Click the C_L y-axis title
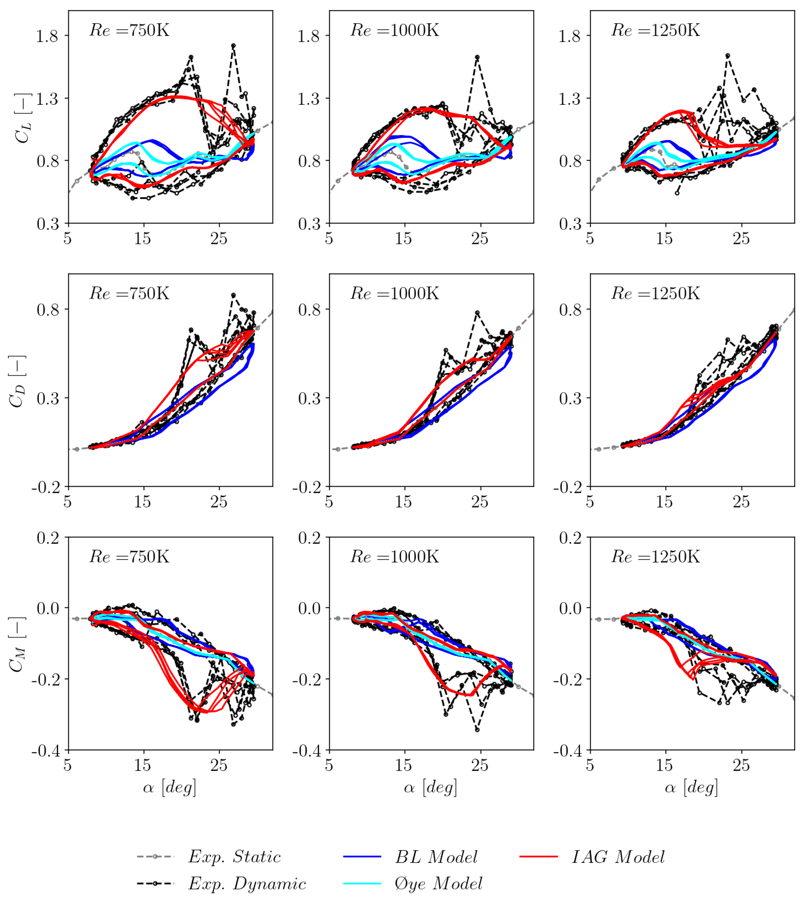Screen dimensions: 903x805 click(22, 118)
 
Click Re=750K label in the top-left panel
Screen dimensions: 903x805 click(129, 30)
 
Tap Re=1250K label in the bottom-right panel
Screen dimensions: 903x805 click(655, 556)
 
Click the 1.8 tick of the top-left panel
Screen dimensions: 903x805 click(47, 36)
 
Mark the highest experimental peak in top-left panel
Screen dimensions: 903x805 click(234, 46)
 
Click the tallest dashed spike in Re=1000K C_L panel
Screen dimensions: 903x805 click(477, 57)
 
